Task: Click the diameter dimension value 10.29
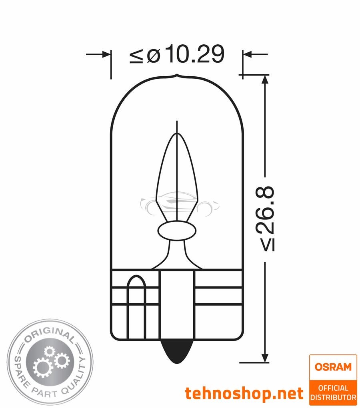coord(195,55)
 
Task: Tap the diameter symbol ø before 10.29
coord(153,56)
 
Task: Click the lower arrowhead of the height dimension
coord(264,358)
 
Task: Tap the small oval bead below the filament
coord(176,231)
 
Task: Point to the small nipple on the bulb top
coord(176,76)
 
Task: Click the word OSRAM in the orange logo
coord(333,366)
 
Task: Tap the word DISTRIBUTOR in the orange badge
coord(333,397)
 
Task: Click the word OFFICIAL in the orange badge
coord(333,388)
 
